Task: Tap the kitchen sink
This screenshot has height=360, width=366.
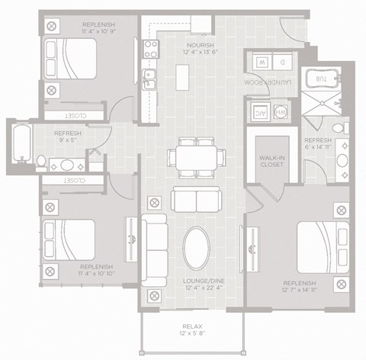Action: (149, 75)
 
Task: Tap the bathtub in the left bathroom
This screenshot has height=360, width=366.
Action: (20, 142)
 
